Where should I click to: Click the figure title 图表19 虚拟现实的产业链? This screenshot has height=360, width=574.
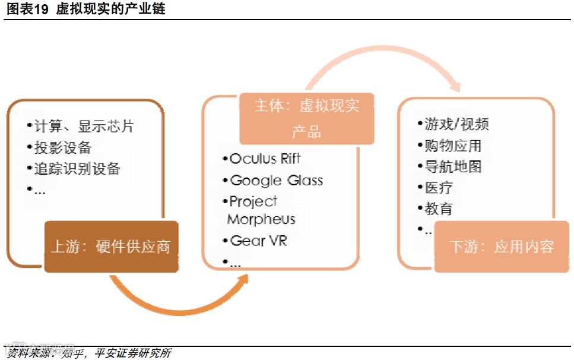pyautogui.click(x=86, y=9)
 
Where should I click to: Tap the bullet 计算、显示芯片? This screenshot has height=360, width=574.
pyautogui.click(x=83, y=126)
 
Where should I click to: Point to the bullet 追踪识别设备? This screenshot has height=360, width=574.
pyautogui.click(x=75, y=168)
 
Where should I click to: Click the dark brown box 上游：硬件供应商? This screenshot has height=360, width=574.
pyautogui.click(x=111, y=247)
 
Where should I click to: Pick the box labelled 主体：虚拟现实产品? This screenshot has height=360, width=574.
pyautogui.click(x=306, y=118)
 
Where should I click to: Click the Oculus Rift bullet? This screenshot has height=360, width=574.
pyautogui.click(x=264, y=159)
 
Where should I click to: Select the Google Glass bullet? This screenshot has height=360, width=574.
pyautogui.click(x=275, y=181)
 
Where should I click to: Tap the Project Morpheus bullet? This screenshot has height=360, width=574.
pyautogui.click(x=261, y=210)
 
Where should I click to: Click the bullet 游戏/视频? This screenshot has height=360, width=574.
pyautogui.click(x=455, y=124)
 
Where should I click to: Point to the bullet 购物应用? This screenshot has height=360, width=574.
pyautogui.click(x=452, y=146)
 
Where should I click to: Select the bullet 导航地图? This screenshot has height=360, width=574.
pyautogui.click(x=452, y=167)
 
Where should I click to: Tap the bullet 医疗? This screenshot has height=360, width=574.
pyautogui.click(x=438, y=188)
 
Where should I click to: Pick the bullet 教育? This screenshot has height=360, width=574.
pyautogui.click(x=438, y=209)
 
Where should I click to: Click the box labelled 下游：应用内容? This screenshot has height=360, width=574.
pyautogui.click(x=502, y=247)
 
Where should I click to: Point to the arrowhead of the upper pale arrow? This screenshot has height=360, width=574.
pyautogui.click(x=454, y=86)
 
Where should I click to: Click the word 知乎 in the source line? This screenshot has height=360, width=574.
pyautogui.click(x=70, y=353)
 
